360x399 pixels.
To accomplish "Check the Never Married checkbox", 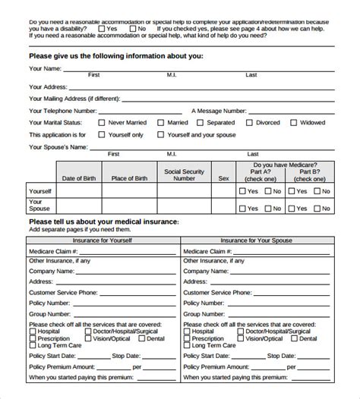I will (101, 122).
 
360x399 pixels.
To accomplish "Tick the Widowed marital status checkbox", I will (293, 122).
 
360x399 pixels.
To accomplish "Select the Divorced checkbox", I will (248, 122).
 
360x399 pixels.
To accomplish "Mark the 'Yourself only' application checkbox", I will (101, 135).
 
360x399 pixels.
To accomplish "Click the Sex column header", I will (223, 179).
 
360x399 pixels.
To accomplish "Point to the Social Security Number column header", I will (185, 175).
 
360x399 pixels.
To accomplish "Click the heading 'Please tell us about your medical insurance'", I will (103, 221).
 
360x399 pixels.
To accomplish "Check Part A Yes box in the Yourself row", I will (242, 192).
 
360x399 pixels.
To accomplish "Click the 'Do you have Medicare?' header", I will (285, 164).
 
